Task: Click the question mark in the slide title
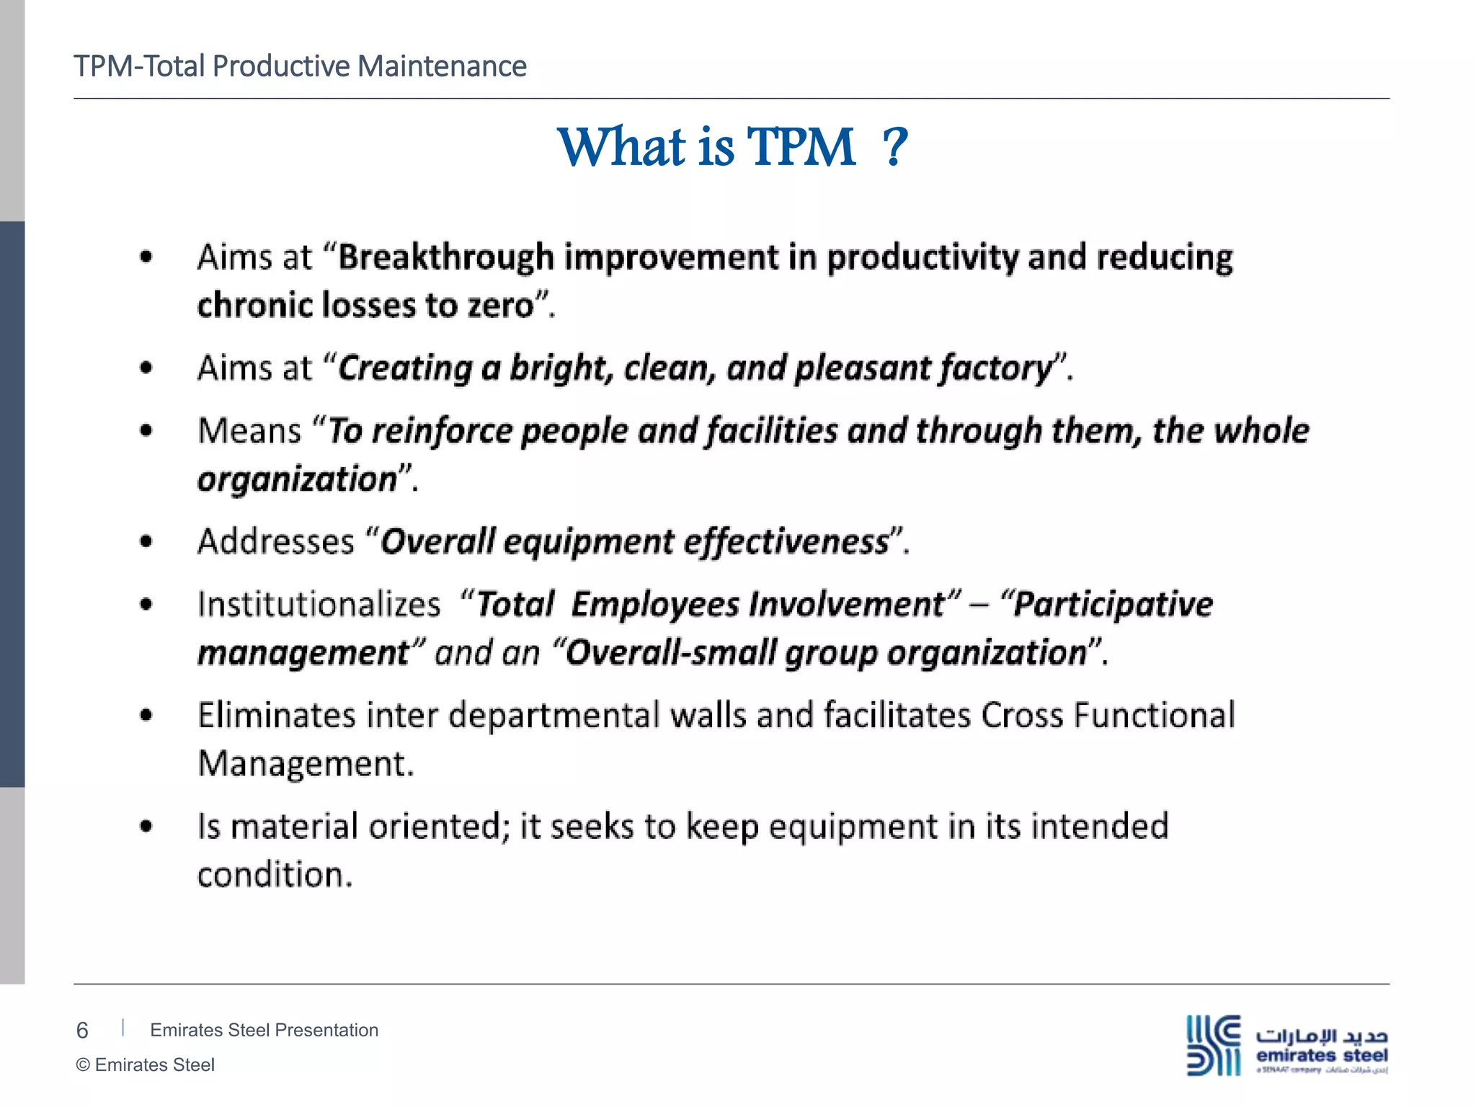(894, 148)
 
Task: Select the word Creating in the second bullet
(405, 368)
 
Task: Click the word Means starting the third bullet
(249, 431)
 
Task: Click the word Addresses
(276, 542)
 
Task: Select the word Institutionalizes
(319, 604)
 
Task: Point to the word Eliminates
(277, 716)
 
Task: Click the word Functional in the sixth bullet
(1154, 716)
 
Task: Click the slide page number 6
(82, 1031)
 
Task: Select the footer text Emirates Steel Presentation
(264, 1030)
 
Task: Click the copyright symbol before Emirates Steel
(83, 1065)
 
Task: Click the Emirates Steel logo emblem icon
(1214, 1045)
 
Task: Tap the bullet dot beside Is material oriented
(146, 827)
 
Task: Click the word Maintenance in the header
(442, 66)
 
